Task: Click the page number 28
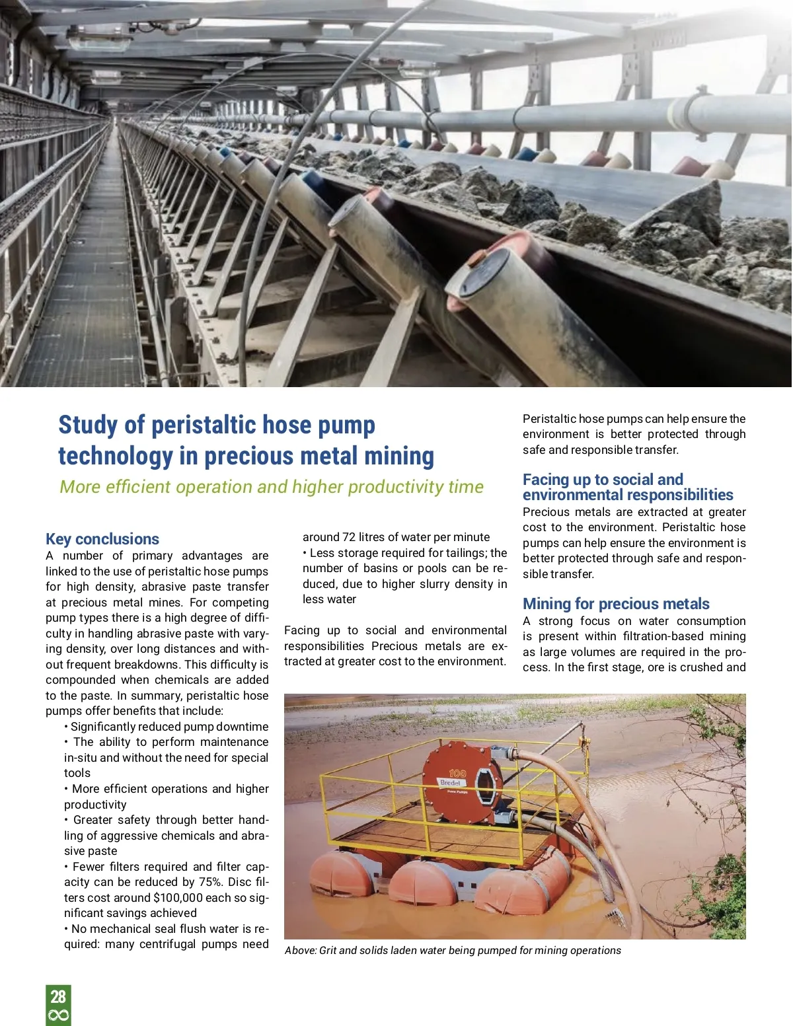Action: [x=58, y=996]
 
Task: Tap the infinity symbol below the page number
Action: [x=58, y=1015]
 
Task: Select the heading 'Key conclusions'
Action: [x=102, y=539]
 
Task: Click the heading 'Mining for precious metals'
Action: [x=616, y=604]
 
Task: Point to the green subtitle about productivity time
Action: [x=272, y=487]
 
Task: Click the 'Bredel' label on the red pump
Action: [x=450, y=783]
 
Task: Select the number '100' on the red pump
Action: [x=457, y=773]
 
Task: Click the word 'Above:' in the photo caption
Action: [x=301, y=951]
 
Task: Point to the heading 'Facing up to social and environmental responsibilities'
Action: [x=627, y=487]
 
